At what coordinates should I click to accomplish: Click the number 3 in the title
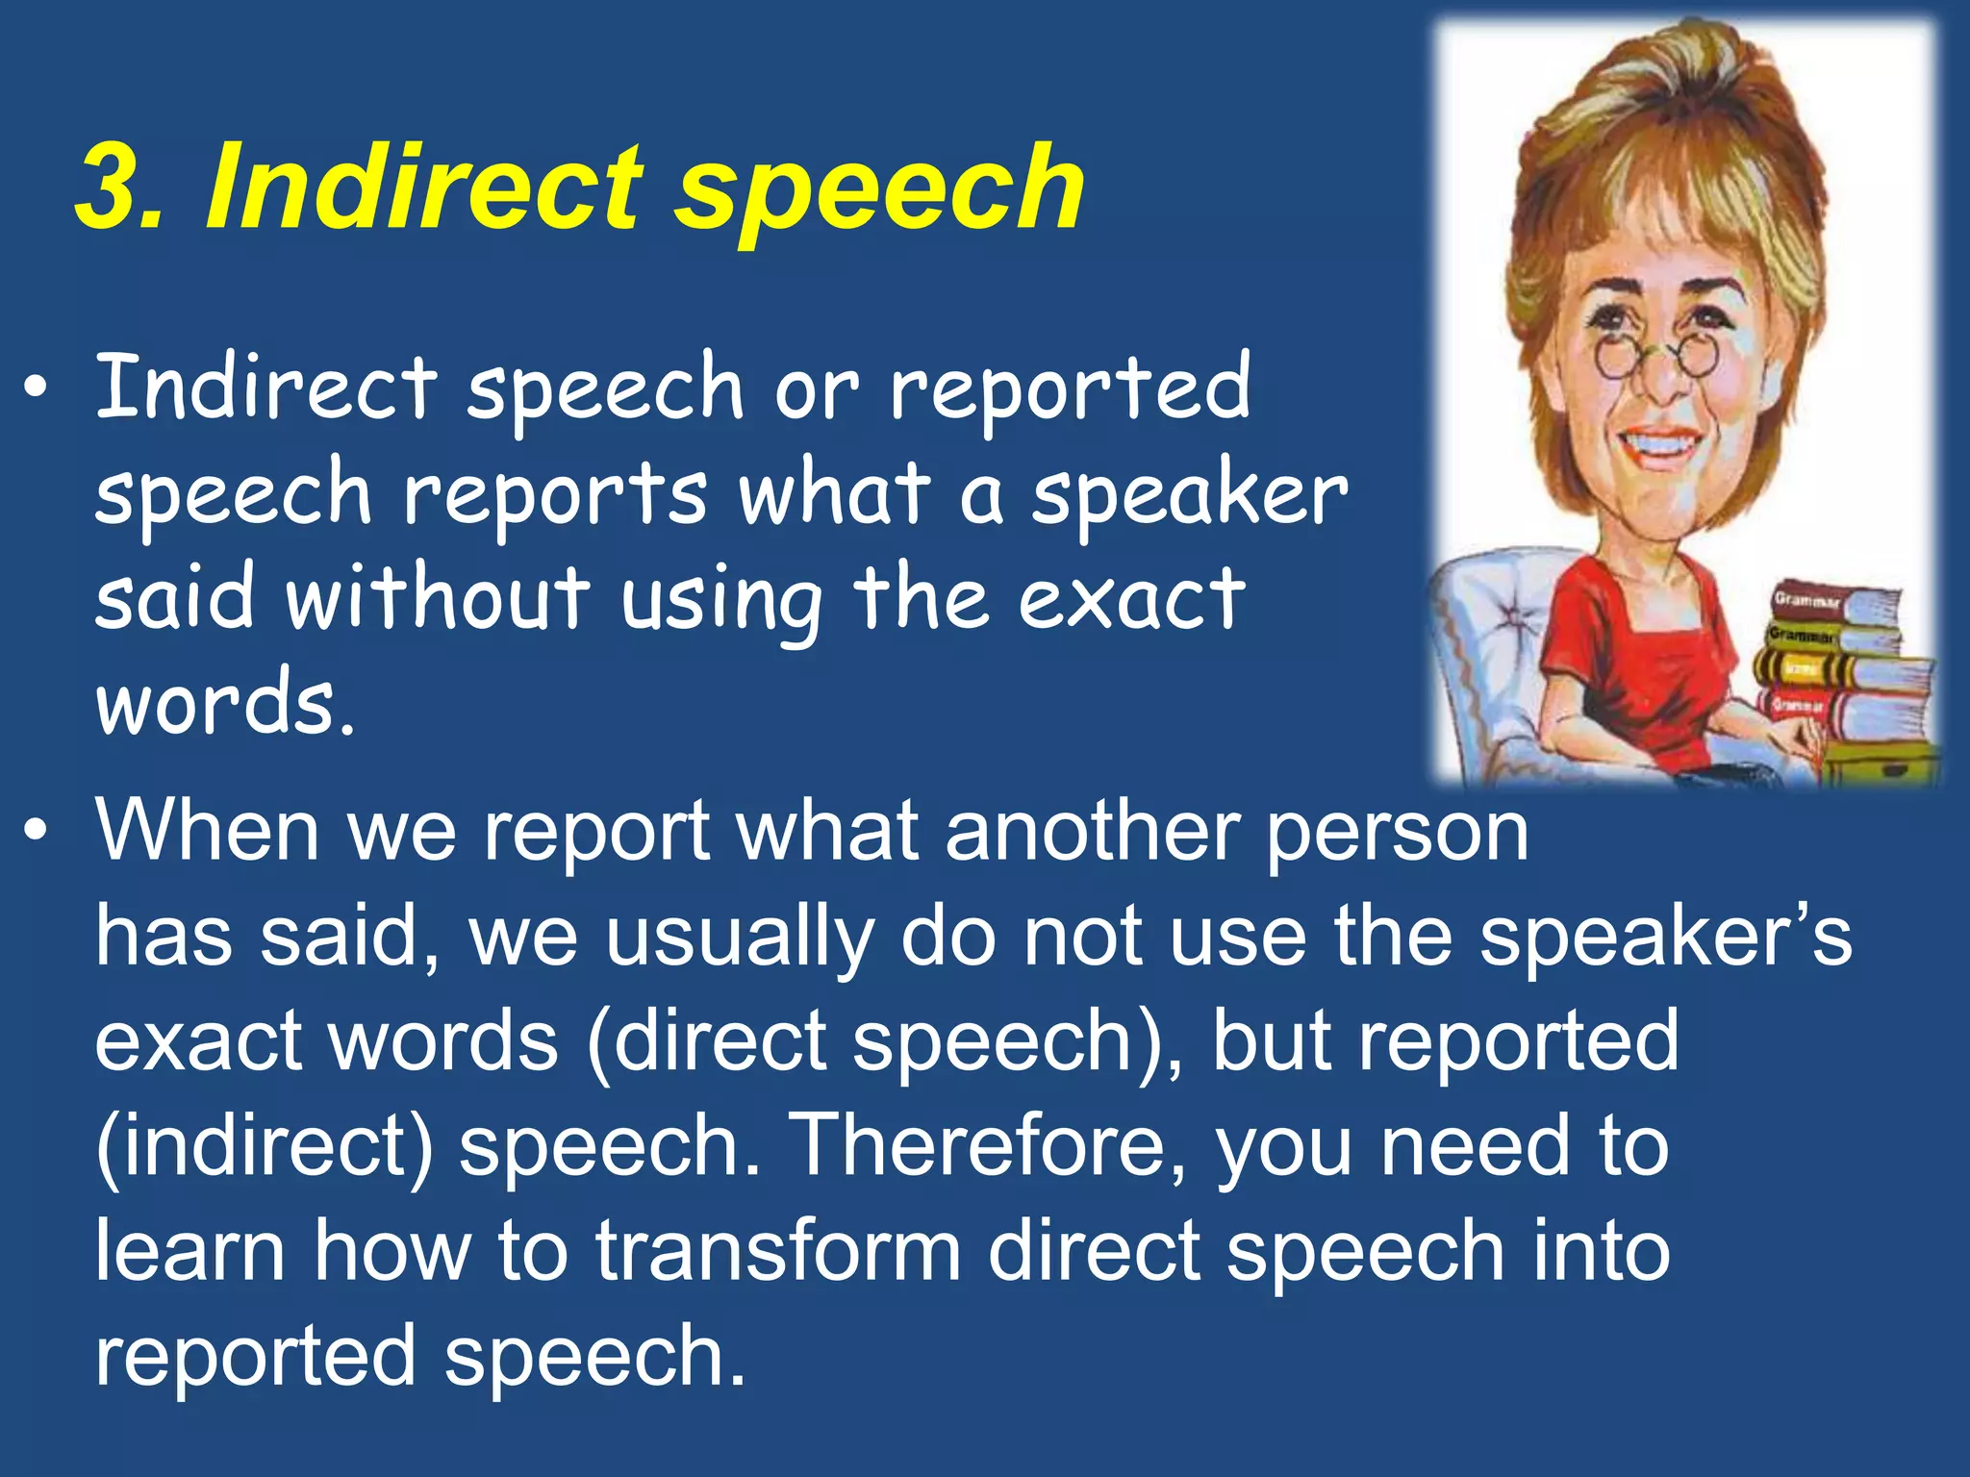click(x=108, y=188)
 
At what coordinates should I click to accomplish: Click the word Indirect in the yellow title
click(x=423, y=188)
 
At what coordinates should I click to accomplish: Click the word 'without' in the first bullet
click(x=438, y=597)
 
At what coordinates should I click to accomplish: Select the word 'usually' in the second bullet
click(x=739, y=939)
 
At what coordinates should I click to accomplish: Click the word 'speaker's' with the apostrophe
click(x=1664, y=937)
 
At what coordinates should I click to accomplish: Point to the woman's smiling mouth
click(x=1660, y=446)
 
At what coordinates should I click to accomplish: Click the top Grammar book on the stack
click(x=1832, y=602)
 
